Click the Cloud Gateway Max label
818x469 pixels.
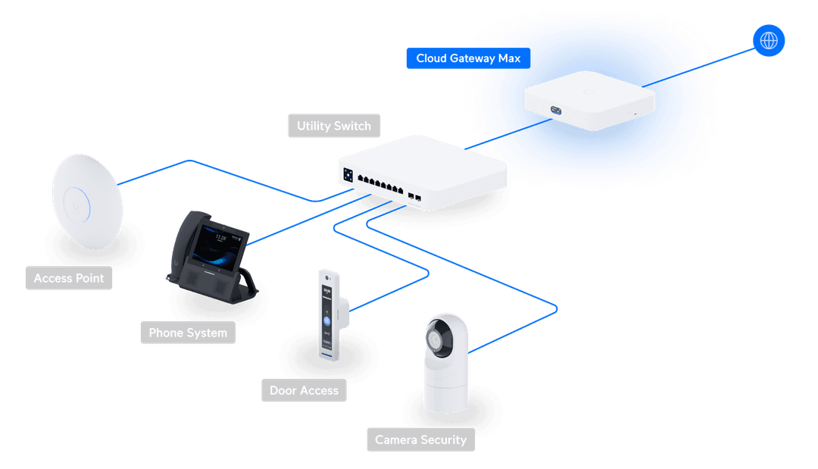tap(468, 58)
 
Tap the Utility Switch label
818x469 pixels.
tap(334, 126)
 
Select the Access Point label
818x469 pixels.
tap(69, 278)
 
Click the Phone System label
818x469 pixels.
tap(188, 333)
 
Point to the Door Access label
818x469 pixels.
tap(304, 391)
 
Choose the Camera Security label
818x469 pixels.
tap(421, 439)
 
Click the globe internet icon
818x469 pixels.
tap(768, 40)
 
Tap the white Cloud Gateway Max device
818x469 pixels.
tap(589, 100)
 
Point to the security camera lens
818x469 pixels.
tap(438, 340)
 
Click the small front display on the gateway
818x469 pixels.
tap(557, 111)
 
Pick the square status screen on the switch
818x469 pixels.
tap(348, 174)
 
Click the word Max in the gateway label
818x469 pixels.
tap(509, 58)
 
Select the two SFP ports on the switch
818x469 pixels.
tap(414, 197)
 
